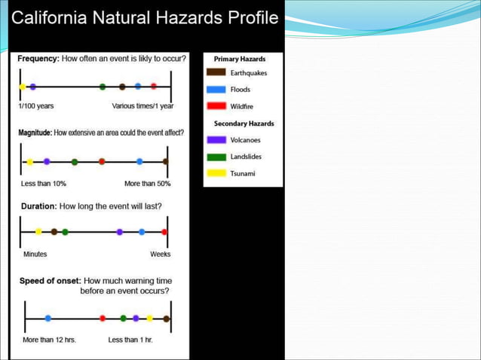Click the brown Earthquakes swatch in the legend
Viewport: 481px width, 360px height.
217,73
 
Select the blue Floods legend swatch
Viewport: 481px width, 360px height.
217,90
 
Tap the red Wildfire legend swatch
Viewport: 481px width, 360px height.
217,106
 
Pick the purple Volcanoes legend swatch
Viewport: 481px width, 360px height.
217,139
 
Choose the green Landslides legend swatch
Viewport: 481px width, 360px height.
217,157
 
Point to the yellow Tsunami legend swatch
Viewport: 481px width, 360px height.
217,173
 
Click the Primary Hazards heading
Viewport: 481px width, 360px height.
240,59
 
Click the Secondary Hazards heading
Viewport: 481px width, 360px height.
244,124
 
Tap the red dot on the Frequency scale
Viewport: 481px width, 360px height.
154,87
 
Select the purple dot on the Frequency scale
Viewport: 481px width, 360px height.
32,87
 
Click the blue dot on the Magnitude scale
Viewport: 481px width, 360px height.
139,161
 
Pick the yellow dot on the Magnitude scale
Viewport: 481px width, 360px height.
30,162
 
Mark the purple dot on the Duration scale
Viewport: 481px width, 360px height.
120,232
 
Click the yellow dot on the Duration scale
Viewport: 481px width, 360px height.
38,232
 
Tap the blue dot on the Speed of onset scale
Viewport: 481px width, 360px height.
48,319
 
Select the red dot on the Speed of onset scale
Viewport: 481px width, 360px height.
103,319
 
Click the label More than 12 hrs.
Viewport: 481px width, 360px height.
49,340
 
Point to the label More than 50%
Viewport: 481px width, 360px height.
147,183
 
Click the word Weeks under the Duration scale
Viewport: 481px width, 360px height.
160,254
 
